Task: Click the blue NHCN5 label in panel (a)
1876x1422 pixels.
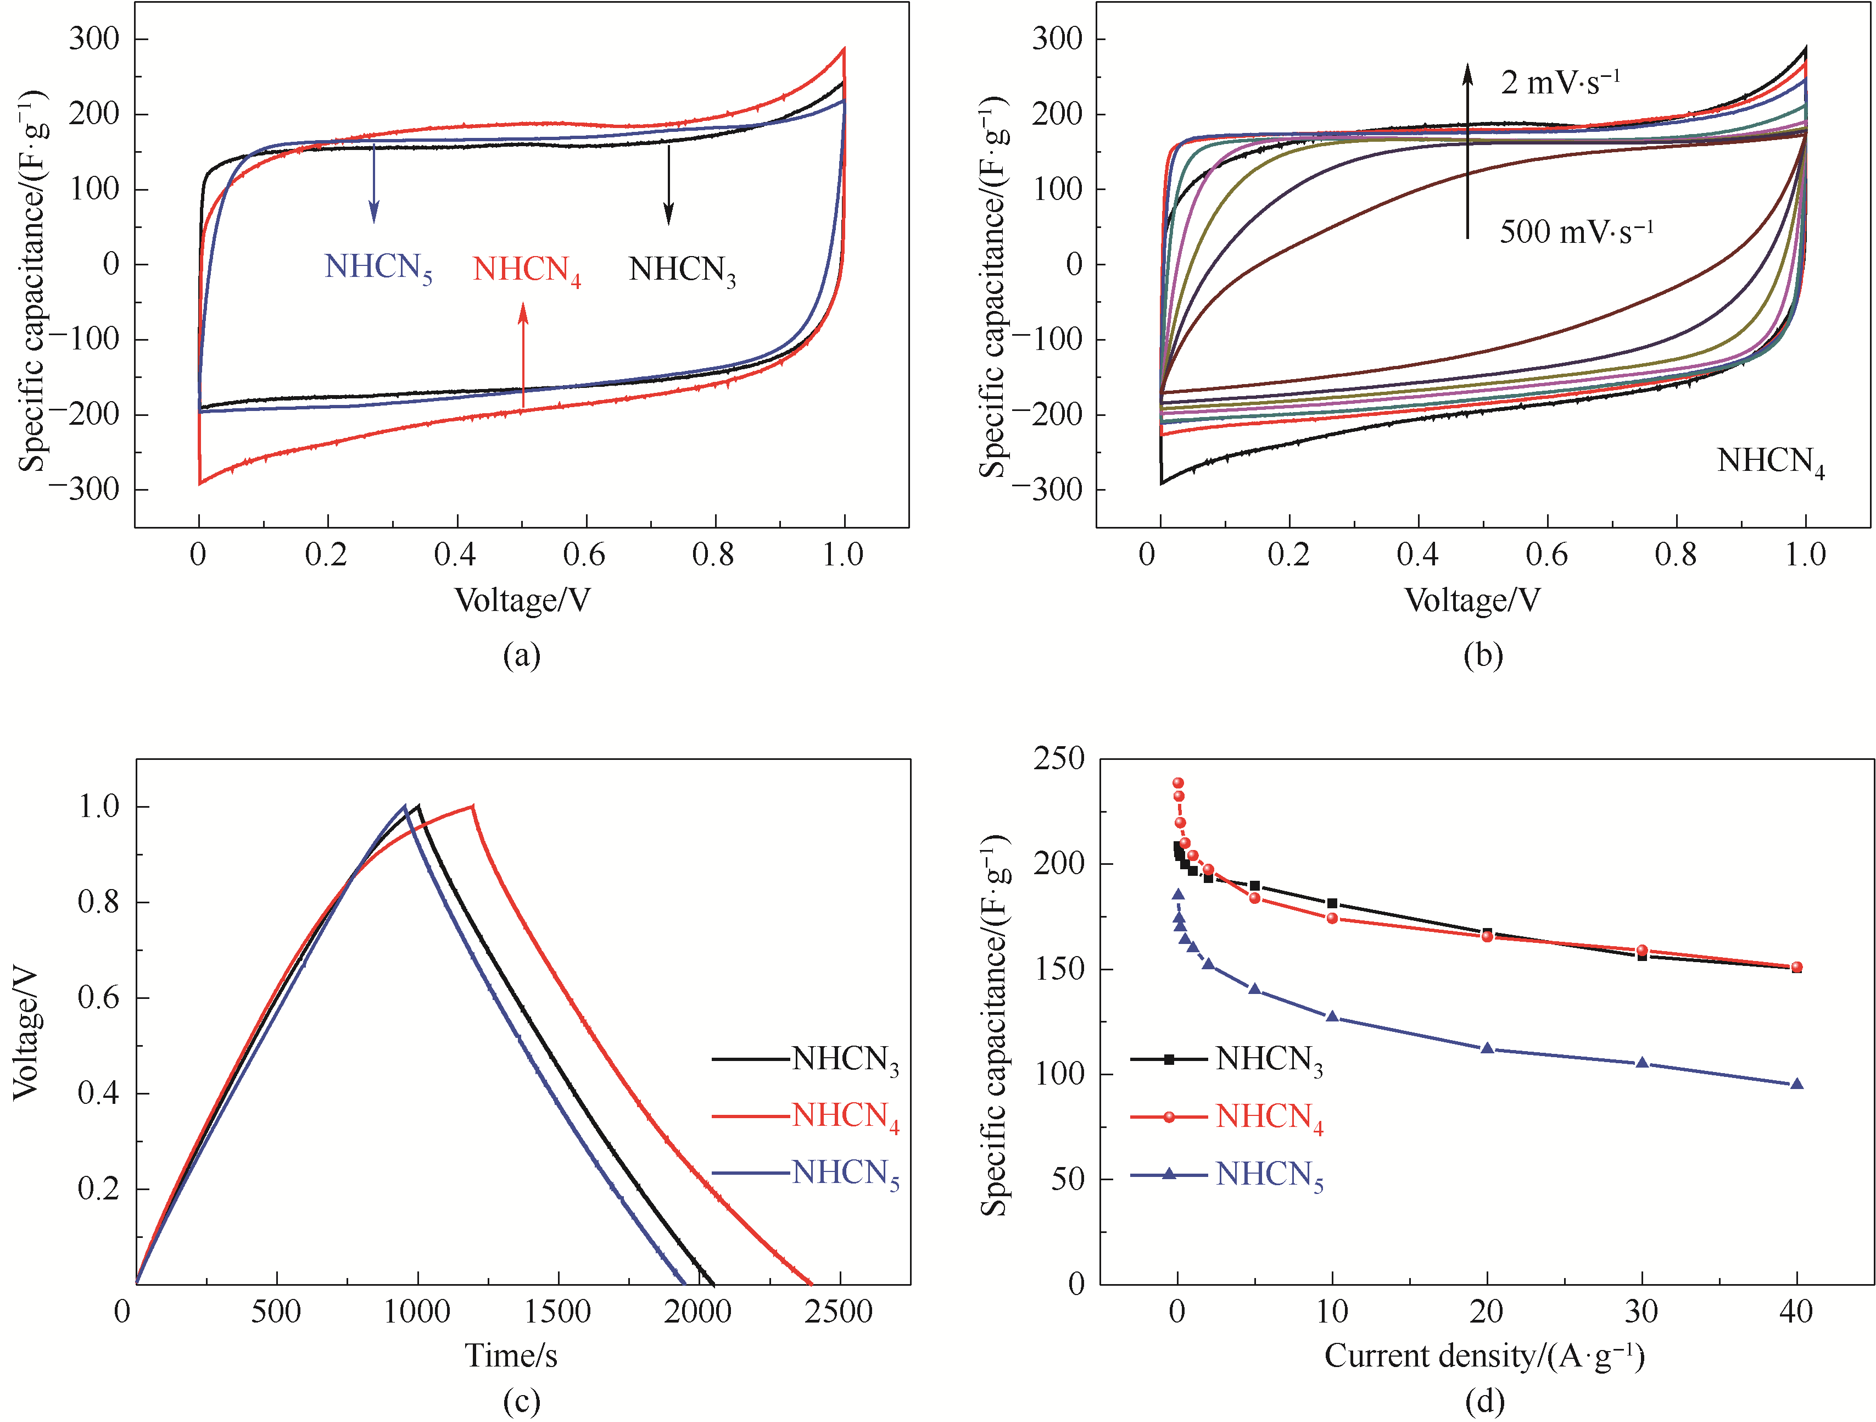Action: (x=378, y=268)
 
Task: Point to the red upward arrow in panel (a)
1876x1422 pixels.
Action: (x=523, y=357)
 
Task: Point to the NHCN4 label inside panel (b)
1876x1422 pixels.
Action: (x=1771, y=463)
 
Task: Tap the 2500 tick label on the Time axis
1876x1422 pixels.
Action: (x=839, y=1312)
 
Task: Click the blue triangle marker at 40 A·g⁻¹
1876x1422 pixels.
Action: (x=1796, y=1084)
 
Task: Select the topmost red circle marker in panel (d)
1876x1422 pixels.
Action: (x=1178, y=783)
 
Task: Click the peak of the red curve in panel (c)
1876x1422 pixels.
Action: (x=472, y=806)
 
